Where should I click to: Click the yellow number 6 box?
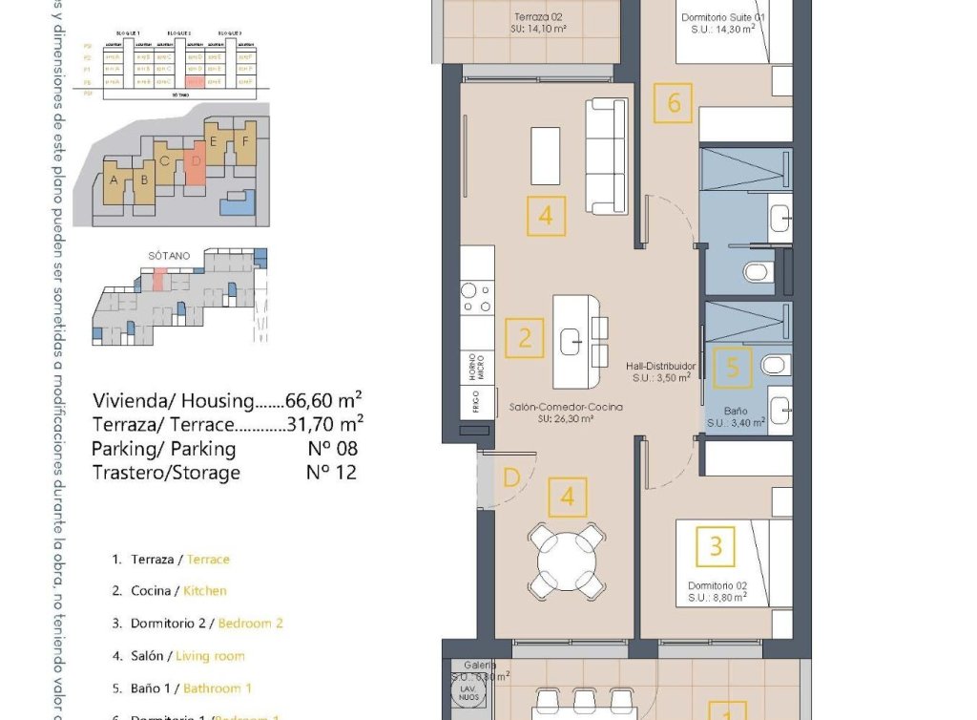coord(674,103)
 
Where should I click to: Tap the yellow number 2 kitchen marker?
coord(525,337)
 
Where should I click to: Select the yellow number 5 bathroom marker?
coord(732,367)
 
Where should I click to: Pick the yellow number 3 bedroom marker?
coord(716,547)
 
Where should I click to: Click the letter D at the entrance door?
coord(511,477)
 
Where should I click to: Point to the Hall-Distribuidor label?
coord(661,366)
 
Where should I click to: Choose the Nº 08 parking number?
coord(330,448)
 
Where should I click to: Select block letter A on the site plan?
coord(114,180)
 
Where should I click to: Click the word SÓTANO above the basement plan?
coord(170,256)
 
